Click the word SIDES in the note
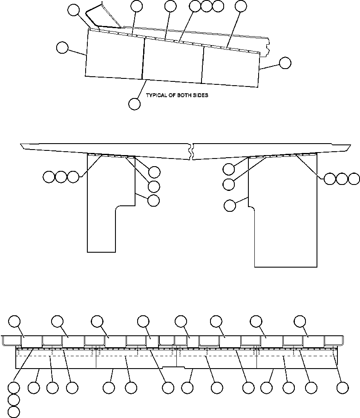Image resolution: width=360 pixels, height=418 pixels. pyautogui.click(x=200, y=95)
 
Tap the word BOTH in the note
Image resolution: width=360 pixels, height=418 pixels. pyautogui.click(x=183, y=95)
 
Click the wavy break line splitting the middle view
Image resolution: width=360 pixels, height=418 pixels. pyautogui.click(x=192, y=152)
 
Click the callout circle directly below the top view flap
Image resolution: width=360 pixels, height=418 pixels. pyautogui.click(x=134, y=104)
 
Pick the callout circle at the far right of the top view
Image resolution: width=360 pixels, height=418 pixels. pyautogui.click(x=285, y=63)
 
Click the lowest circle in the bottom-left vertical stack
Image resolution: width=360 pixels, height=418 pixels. pyautogui.click(x=14, y=412)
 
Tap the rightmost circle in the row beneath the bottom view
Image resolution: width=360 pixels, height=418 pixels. pyautogui.click(x=342, y=387)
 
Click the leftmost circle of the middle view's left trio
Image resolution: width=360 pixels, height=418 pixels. pyautogui.click(x=49, y=176)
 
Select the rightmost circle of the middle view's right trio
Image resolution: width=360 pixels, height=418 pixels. pyautogui.click(x=354, y=179)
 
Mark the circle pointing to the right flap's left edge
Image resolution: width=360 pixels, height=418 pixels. pyautogui.click(x=230, y=206)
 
